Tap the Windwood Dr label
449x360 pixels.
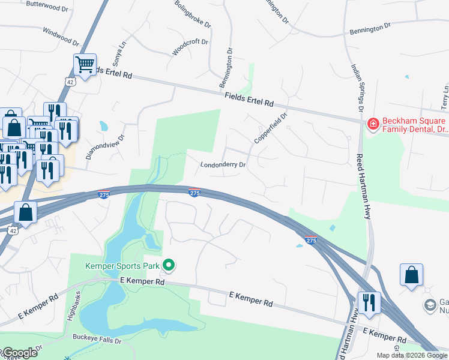pyautogui.click(x=61, y=36)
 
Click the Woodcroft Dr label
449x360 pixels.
pyautogui.click(x=190, y=47)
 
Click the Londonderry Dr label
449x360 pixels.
pyautogui.click(x=223, y=164)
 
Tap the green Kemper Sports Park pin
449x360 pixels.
pyautogui.click(x=169, y=264)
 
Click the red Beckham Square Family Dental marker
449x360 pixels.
pyautogui.click(x=373, y=124)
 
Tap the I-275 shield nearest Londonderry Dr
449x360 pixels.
pyautogui.click(x=194, y=193)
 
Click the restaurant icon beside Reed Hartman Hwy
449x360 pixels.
pyautogui.click(x=369, y=302)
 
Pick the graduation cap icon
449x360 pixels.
pyautogui.click(x=430, y=305)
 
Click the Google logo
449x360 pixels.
pyautogui.click(x=20, y=353)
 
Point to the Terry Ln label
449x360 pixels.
pyautogui.click(x=445, y=96)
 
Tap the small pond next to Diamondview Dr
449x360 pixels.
pyautogui.click(x=104, y=127)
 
